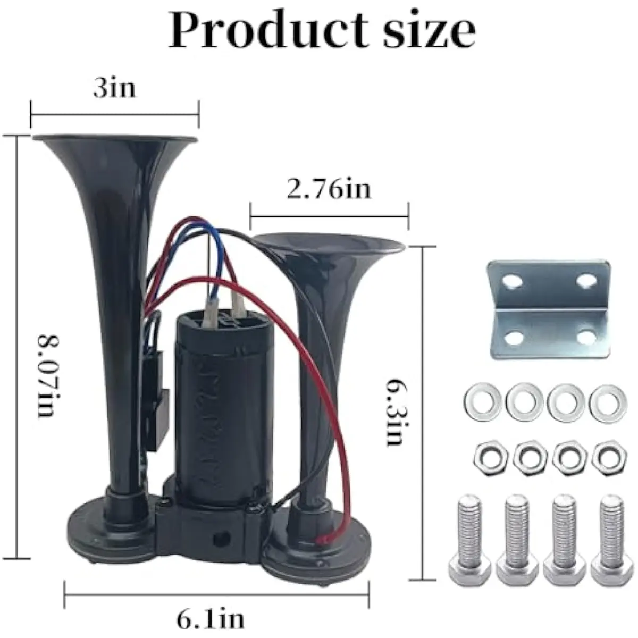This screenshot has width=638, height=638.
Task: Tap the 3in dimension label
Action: (x=114, y=88)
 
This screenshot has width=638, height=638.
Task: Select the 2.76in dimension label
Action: (x=329, y=190)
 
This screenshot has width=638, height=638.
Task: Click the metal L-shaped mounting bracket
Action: (x=548, y=310)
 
